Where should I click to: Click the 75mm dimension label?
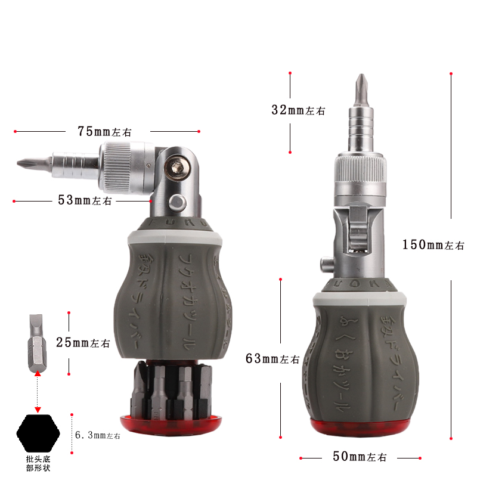[104, 131]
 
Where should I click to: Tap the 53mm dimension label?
[85, 200]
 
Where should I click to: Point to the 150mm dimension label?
[433, 244]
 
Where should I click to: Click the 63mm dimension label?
[272, 359]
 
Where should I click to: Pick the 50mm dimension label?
[360, 457]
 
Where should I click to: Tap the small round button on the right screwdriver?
[325, 262]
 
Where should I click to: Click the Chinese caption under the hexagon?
[39, 463]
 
